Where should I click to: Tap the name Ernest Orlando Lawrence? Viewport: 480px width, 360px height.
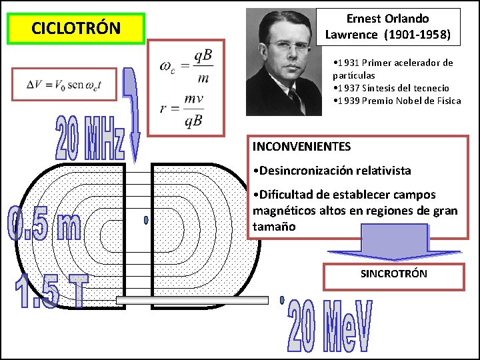(x=387, y=27)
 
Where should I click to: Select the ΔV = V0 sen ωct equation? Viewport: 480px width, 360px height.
(x=64, y=84)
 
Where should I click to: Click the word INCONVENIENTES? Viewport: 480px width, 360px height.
(x=301, y=146)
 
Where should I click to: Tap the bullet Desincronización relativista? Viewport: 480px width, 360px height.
(x=332, y=171)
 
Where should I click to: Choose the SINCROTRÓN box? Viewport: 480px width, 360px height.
(x=393, y=275)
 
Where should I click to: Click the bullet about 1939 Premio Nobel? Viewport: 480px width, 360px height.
(x=397, y=101)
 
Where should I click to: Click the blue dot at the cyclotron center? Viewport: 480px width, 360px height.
(x=146, y=219)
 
